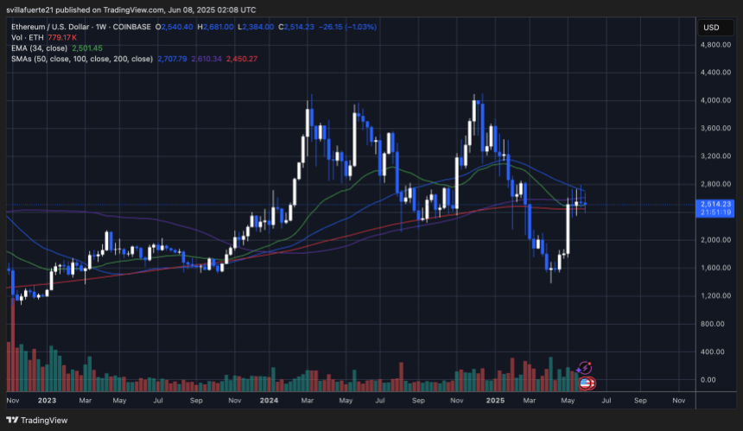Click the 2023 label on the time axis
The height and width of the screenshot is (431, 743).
pos(48,401)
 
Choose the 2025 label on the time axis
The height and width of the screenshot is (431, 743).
pos(495,401)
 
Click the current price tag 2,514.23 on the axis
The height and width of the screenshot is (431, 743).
pos(714,204)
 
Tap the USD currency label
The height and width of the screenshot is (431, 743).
pos(712,27)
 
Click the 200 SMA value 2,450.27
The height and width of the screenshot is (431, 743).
pos(239,59)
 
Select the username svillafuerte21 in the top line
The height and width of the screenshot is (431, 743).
pos(40,10)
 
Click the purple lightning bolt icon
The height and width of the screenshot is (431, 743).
pos(585,367)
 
